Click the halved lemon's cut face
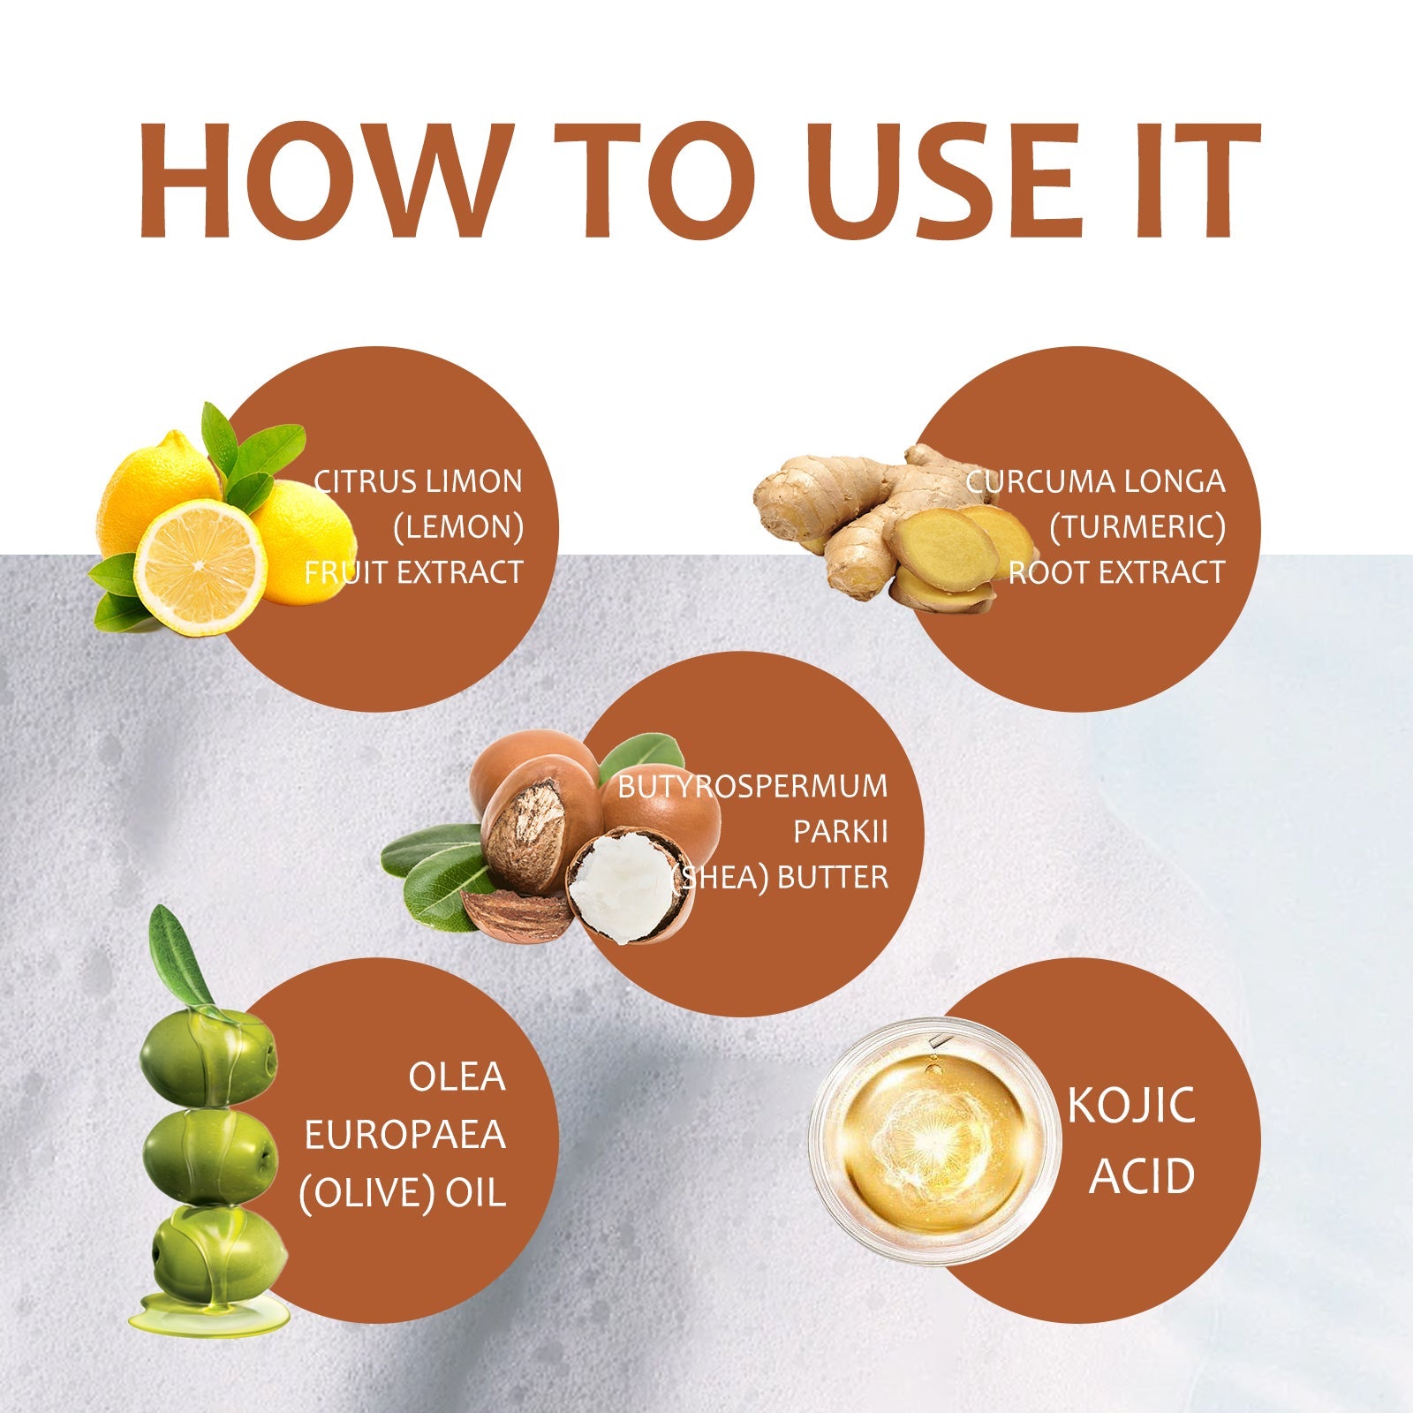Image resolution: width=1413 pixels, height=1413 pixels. click(200, 567)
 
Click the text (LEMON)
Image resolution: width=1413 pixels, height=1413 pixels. click(458, 528)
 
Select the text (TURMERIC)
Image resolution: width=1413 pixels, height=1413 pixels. click(1137, 528)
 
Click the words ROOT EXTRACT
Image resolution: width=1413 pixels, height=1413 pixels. click(1117, 573)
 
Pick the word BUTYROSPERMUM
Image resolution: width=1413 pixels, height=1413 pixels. click(752, 787)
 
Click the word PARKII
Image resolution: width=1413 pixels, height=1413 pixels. click(840, 832)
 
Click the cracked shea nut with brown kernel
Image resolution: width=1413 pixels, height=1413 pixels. click(527, 829)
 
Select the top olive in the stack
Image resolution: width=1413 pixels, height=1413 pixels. click(209, 1055)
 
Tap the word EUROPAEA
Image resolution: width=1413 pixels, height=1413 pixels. click(405, 1136)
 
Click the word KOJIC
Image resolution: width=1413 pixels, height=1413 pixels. click(1131, 1106)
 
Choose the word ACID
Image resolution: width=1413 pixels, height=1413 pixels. click(1142, 1176)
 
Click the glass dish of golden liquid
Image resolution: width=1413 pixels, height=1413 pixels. click(935, 1140)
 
